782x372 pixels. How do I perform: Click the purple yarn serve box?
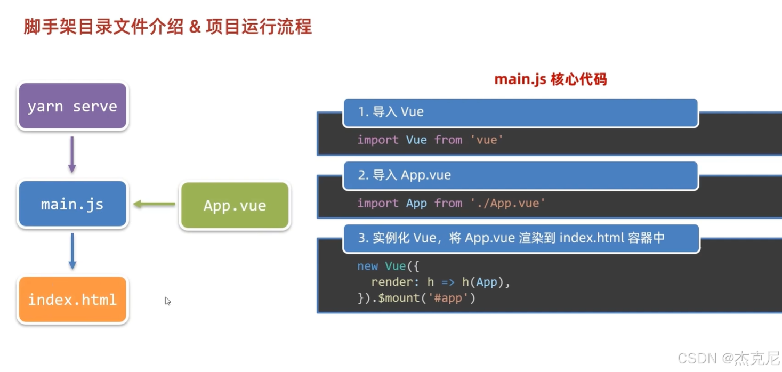click(72, 106)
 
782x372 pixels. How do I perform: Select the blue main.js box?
click(72, 204)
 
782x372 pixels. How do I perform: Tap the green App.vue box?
click(235, 206)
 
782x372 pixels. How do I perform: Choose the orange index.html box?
click(72, 300)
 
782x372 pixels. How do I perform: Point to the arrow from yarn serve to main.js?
click(72, 155)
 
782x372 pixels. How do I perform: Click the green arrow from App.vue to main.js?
click(154, 204)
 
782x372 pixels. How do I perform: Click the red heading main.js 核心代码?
click(551, 80)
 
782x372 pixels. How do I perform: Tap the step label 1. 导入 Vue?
click(391, 112)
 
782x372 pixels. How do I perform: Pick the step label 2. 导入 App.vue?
click(404, 175)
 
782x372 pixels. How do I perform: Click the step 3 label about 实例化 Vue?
click(511, 238)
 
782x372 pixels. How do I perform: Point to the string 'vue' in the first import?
click(487, 140)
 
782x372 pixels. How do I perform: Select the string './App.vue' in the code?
click(507, 203)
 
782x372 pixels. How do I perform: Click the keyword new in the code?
click(368, 266)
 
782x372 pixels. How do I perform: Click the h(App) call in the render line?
click(482, 282)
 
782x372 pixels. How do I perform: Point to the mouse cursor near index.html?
click(167, 301)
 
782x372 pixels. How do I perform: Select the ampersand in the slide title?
click(195, 26)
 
